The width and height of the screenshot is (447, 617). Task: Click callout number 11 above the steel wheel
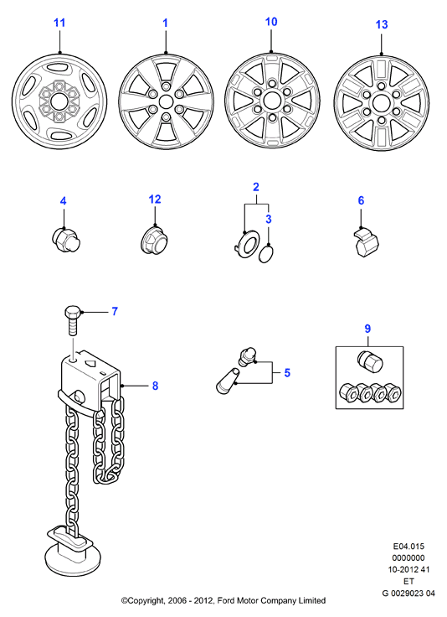tap(59, 23)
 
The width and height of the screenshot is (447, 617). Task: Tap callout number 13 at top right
tap(382, 24)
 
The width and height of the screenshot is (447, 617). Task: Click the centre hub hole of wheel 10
tap(271, 101)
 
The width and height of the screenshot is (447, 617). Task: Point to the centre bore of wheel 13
tap(381, 103)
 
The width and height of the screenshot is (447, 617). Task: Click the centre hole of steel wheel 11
tap(59, 101)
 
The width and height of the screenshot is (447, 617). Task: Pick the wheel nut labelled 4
tap(65, 239)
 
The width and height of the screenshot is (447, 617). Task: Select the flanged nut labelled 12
tap(153, 239)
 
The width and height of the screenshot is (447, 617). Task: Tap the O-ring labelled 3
tap(266, 254)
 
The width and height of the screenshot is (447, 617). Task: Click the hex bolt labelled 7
tap(73, 320)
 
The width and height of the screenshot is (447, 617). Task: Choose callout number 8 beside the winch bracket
tap(155, 386)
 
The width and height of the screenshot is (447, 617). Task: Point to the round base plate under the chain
tap(73, 558)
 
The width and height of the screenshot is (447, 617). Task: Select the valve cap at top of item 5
tap(247, 356)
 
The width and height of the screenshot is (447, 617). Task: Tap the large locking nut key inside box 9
tap(370, 360)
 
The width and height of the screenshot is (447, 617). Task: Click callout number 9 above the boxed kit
tap(367, 329)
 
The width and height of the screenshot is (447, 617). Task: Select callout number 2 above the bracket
tap(256, 187)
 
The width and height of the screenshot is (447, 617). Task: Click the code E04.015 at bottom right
tap(408, 547)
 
